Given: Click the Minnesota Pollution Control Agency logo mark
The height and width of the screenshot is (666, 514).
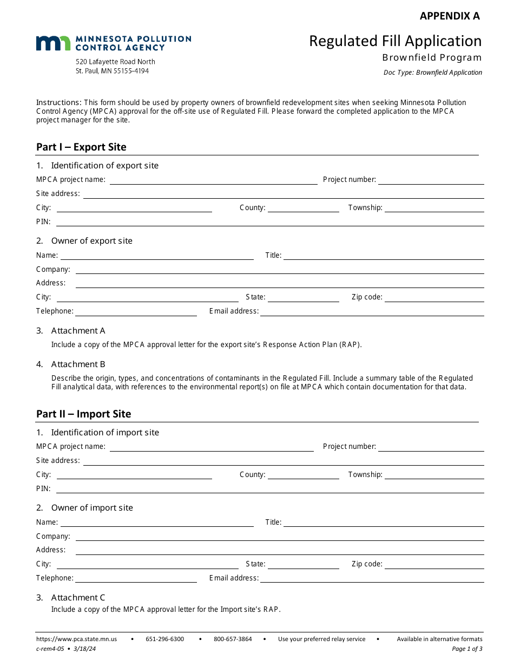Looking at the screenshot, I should click(53, 43).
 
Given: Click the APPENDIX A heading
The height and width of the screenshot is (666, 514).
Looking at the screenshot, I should click(450, 16).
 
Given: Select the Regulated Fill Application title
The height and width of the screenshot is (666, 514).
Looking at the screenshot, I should click(395, 41).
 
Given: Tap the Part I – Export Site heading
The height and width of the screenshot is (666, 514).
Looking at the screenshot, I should click(81, 147).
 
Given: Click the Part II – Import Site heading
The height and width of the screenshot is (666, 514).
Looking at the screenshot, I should click(83, 414).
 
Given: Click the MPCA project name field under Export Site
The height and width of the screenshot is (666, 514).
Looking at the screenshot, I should click(213, 180).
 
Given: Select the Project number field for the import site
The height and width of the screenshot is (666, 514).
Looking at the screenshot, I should click(431, 447).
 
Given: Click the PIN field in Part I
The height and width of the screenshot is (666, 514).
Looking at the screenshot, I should click(270, 222).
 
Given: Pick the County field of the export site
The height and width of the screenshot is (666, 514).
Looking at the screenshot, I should click(303, 208).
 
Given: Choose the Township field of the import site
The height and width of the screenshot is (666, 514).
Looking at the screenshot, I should click(434, 475).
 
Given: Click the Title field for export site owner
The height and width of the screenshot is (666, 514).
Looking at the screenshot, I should click(384, 256).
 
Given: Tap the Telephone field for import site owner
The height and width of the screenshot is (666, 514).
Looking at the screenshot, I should click(136, 578).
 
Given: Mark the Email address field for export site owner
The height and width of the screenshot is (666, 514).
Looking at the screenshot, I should click(372, 311).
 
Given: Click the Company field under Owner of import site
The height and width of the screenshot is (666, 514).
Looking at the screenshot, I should click(279, 537).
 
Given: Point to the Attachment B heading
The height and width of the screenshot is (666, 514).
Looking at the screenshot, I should click(78, 364).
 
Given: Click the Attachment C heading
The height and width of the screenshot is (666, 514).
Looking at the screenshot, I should click(78, 597).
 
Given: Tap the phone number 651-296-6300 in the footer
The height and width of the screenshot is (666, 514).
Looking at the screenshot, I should click(164, 639).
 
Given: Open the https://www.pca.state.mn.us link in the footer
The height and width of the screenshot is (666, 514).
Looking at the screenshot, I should click(76, 639).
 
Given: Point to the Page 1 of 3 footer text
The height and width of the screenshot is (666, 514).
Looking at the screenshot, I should click(467, 649).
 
